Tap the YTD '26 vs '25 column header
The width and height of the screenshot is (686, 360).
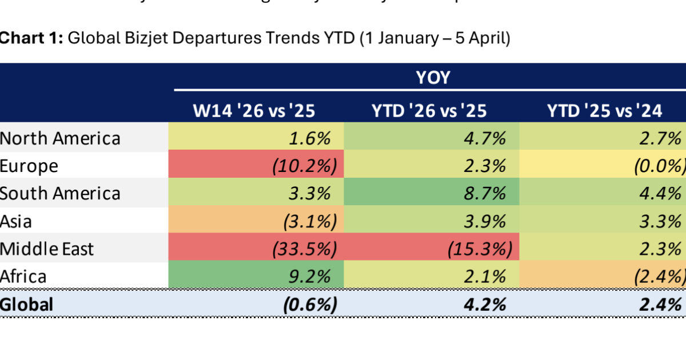(x=429, y=110)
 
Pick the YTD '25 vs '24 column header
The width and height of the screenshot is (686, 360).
(x=605, y=110)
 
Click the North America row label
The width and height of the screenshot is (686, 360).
(x=61, y=138)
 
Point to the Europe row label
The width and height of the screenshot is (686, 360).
(x=29, y=166)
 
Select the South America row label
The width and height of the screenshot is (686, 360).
(x=61, y=193)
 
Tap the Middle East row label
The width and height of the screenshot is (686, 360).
(x=47, y=249)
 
